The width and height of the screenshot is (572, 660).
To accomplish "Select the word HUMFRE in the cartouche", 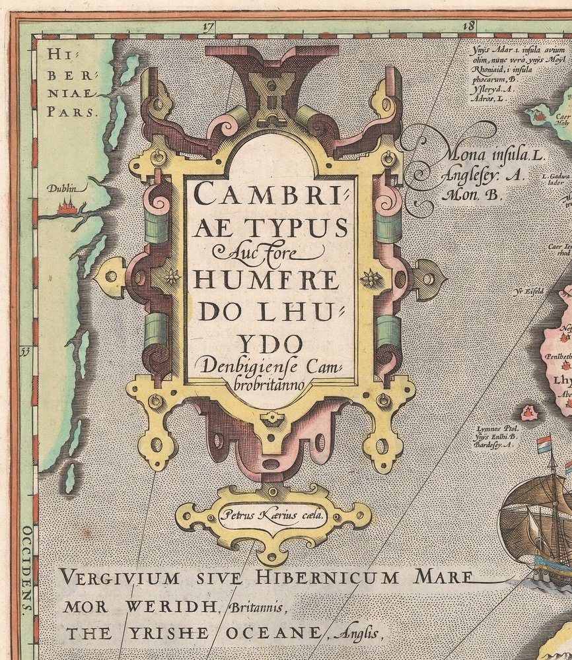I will coord(266,280).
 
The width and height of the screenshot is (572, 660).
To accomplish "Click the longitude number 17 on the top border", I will coord(209,27).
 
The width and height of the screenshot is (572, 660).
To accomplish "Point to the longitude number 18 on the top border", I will coord(470,26).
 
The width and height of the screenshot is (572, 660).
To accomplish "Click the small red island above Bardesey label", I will coord(529,413).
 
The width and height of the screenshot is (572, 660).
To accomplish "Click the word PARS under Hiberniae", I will coord(73,110).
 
